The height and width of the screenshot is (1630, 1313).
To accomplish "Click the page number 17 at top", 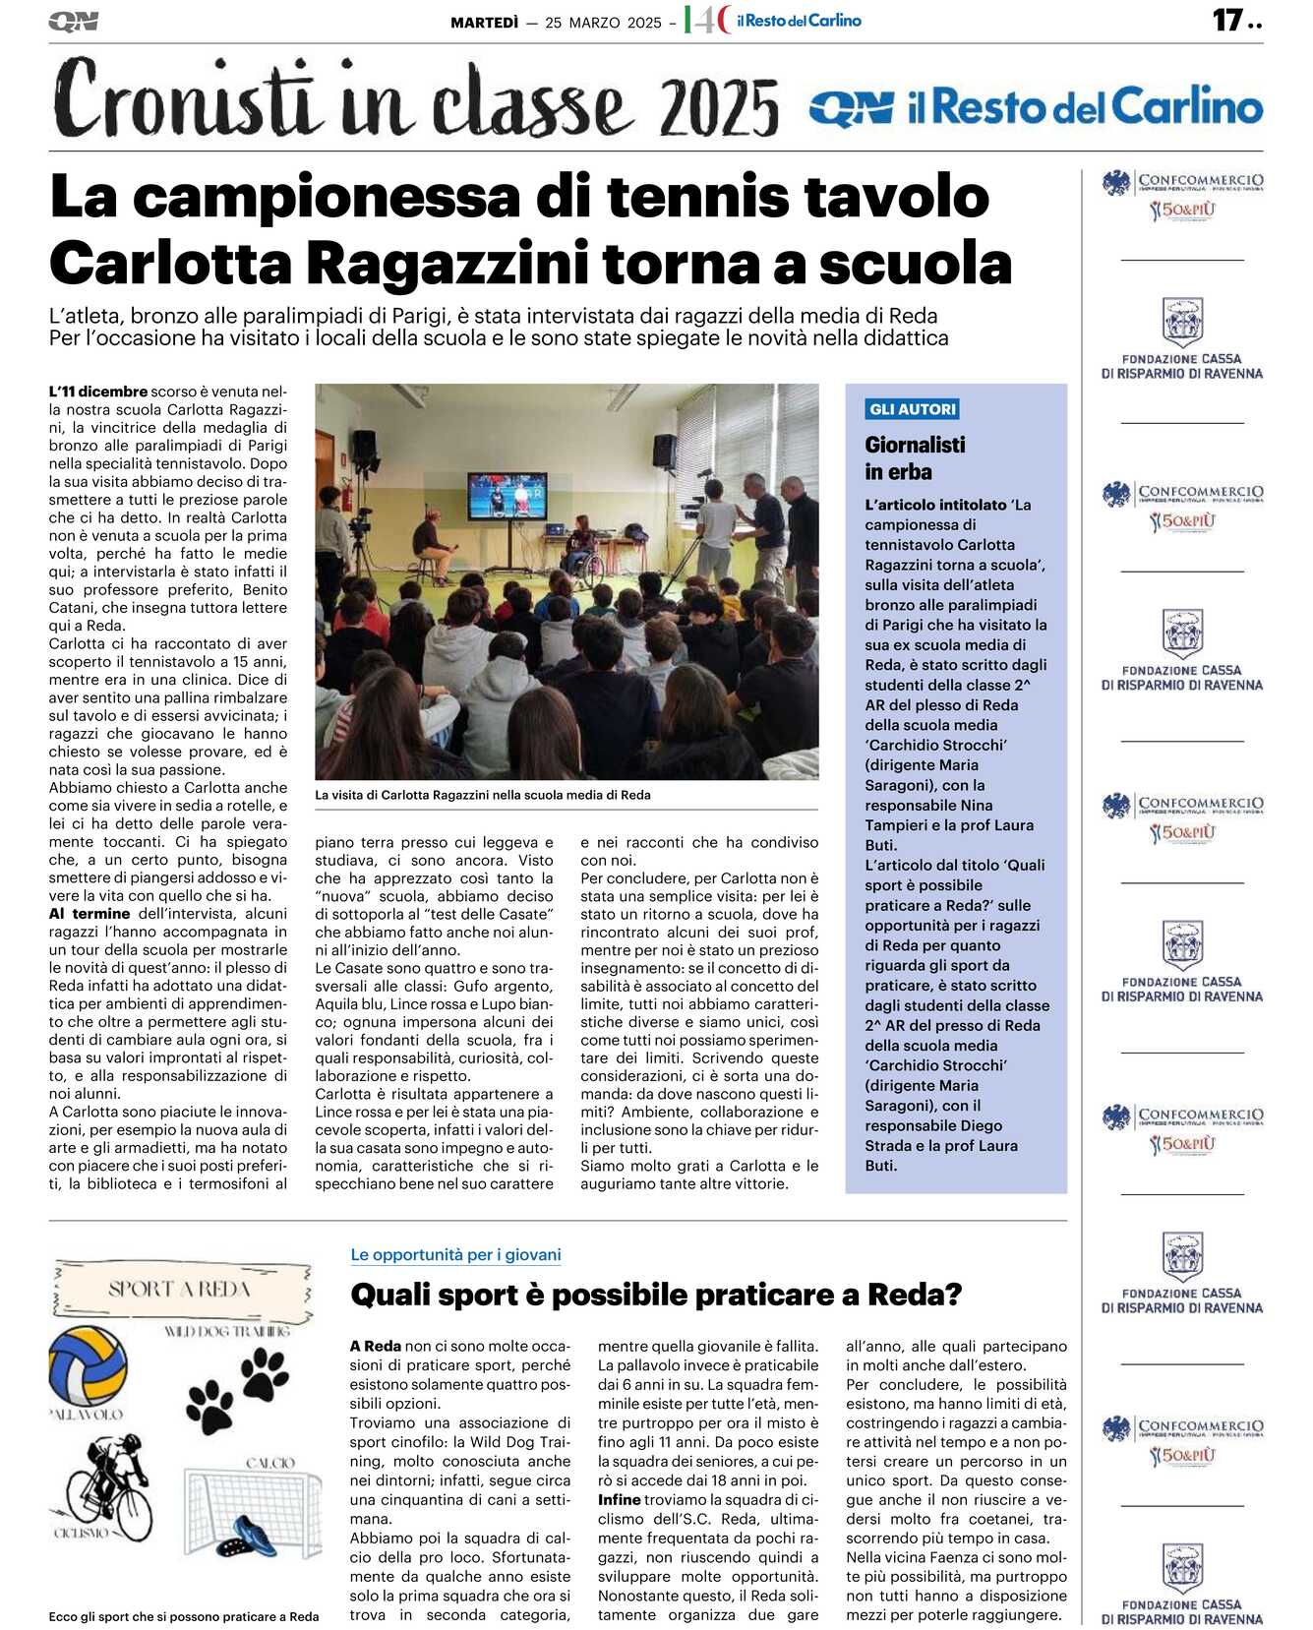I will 1227,20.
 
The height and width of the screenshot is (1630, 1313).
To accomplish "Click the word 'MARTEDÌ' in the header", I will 484,23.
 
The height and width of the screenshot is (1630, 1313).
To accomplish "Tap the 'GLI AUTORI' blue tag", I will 912,409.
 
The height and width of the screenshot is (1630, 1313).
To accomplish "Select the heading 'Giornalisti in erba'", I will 915,458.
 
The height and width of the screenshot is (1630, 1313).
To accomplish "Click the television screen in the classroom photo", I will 507,494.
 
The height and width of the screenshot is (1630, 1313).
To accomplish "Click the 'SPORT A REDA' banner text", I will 179,1289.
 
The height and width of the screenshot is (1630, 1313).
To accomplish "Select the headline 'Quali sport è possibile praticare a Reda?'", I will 655,1295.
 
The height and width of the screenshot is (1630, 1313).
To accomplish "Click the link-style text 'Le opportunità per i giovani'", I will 455,1254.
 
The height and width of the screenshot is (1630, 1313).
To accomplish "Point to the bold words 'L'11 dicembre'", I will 97,392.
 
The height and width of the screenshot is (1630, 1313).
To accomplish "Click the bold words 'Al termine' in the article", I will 90,913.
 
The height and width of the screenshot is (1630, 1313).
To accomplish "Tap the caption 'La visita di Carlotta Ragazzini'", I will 482,795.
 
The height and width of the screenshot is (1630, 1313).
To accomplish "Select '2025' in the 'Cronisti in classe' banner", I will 719,106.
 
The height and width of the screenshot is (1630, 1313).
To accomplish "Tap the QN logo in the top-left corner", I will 73,21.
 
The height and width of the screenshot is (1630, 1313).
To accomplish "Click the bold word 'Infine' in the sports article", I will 619,1499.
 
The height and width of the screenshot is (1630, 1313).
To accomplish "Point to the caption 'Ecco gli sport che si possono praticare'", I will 184,1616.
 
